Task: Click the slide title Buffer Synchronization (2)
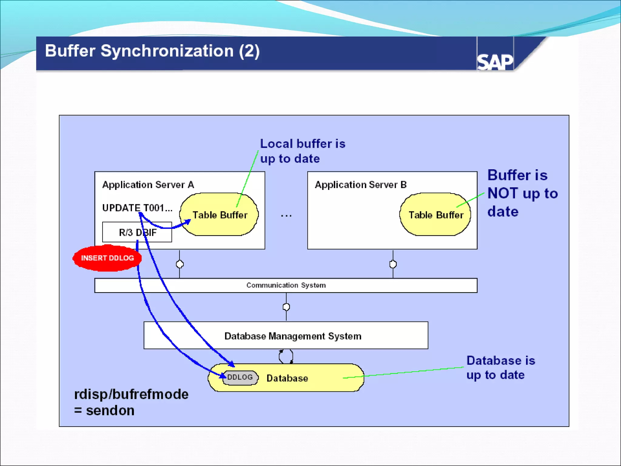152,51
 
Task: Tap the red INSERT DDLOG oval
107,258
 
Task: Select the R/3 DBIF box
137,232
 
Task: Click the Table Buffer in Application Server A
220,215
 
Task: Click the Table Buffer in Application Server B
435,215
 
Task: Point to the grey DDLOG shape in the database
240,377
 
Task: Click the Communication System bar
286,285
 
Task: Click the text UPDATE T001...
137,208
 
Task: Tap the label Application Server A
148,185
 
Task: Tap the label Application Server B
361,185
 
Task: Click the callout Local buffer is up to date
302,151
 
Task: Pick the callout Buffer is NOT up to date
522,193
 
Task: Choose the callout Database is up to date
500,368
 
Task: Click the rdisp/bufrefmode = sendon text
131,402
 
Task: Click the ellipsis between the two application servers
286,216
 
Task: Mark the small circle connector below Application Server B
393,264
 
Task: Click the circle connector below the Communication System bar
286,307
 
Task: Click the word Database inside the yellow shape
287,378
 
